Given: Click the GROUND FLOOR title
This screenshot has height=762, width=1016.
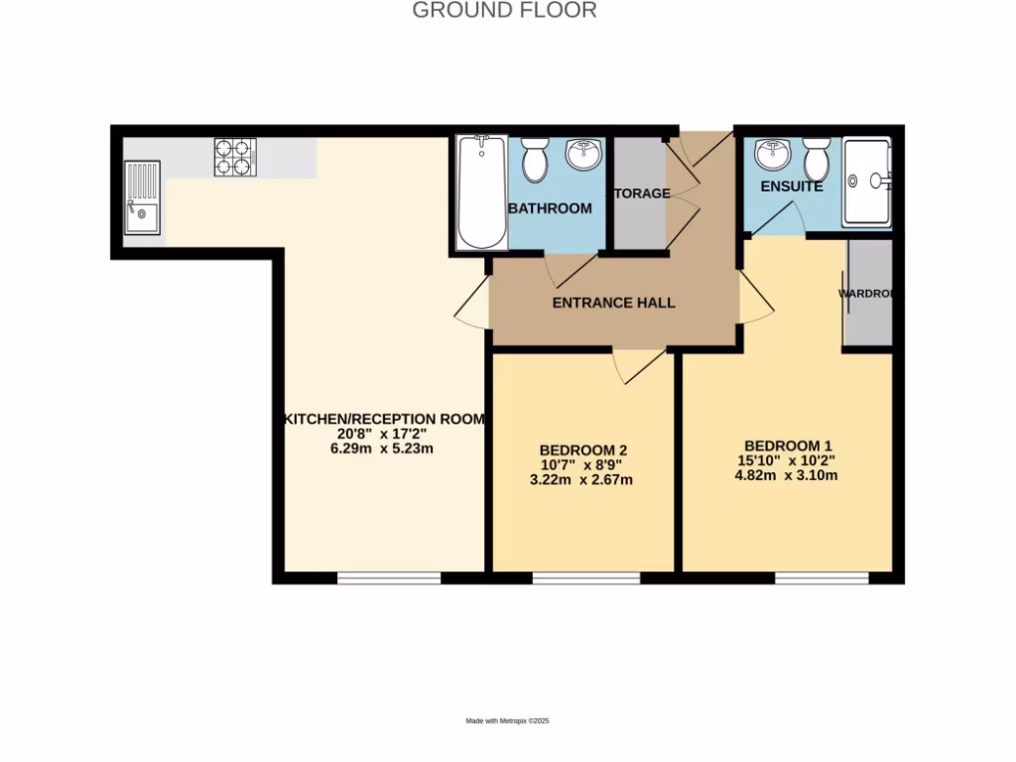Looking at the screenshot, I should click(504, 11).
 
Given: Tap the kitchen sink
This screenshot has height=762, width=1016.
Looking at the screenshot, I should click(142, 198).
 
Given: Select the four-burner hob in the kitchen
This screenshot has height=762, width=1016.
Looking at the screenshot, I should click(235, 158).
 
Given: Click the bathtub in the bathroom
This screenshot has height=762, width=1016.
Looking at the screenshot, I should click(482, 192).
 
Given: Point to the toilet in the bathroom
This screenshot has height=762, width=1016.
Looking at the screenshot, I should click(535, 160).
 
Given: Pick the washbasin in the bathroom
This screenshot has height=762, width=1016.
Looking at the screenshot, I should click(582, 155).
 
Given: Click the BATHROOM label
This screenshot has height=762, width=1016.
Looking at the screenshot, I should click(550, 208).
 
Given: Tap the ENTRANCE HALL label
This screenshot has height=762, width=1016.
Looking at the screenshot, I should click(613, 303).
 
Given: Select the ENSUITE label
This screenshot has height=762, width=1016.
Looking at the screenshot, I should click(791, 187).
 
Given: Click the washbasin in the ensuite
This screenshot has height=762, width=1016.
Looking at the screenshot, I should click(772, 154).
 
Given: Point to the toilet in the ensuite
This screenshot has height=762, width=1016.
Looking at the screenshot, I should click(817, 158).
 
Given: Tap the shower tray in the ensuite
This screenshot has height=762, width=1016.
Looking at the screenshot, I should click(866, 183).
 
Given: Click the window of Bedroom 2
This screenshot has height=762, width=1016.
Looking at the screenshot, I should click(586, 577).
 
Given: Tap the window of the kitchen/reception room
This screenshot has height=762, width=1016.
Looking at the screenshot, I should click(388, 577).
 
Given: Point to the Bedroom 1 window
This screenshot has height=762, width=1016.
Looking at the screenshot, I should click(822, 577).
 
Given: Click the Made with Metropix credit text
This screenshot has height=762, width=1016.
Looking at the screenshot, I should click(507, 721).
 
